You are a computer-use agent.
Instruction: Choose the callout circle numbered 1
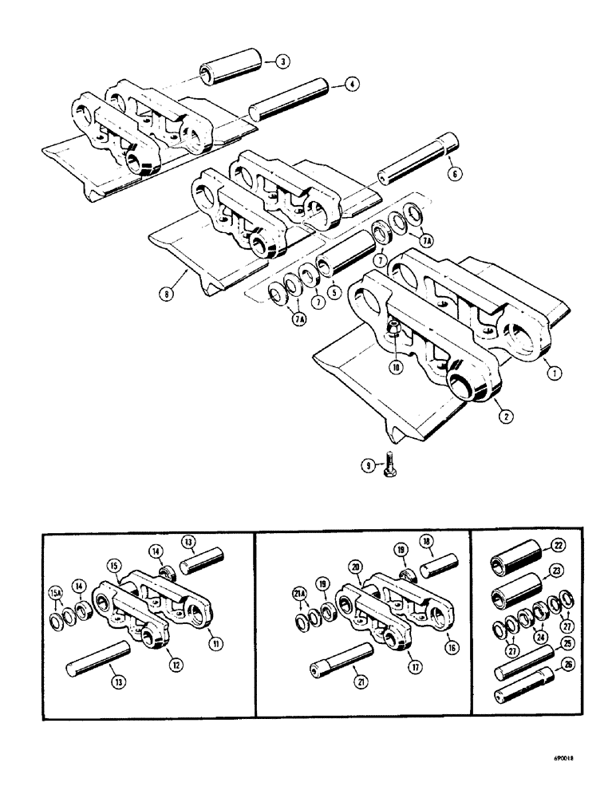coord(550,370)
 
